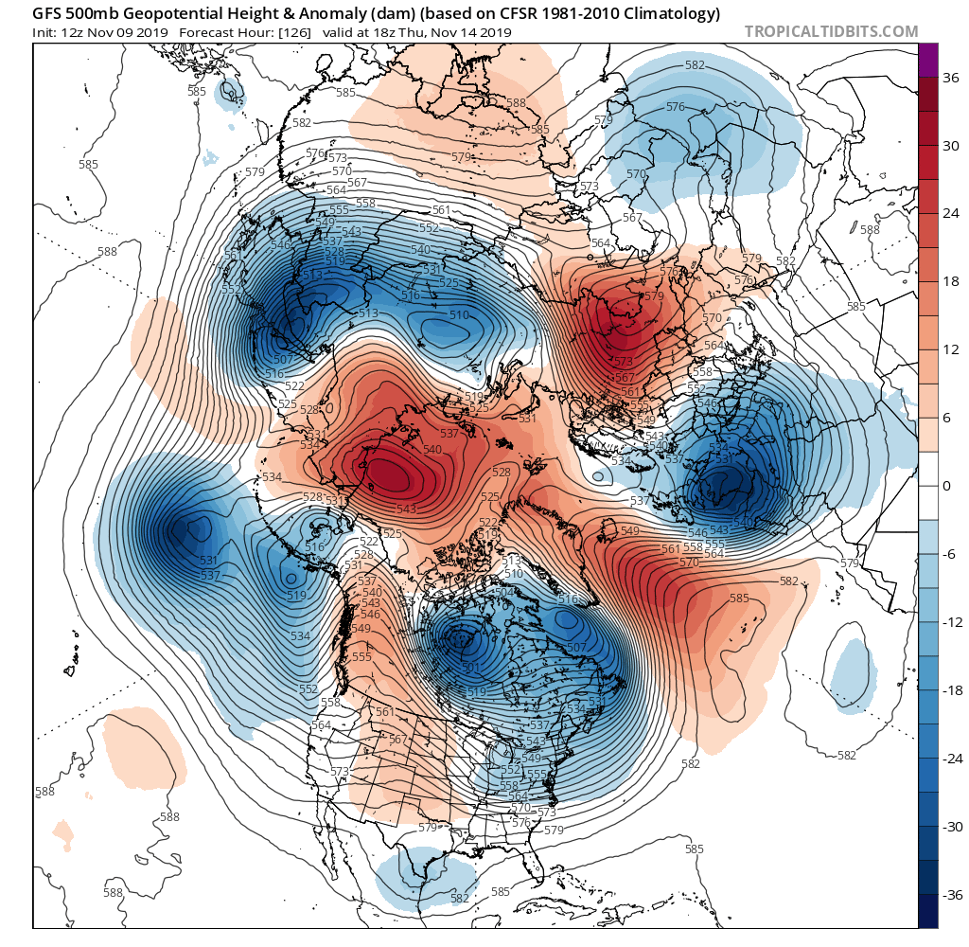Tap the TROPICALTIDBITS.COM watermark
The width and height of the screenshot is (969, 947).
tap(831, 31)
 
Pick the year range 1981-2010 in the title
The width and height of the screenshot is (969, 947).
tap(572, 13)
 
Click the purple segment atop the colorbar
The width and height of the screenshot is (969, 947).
tap(928, 60)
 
